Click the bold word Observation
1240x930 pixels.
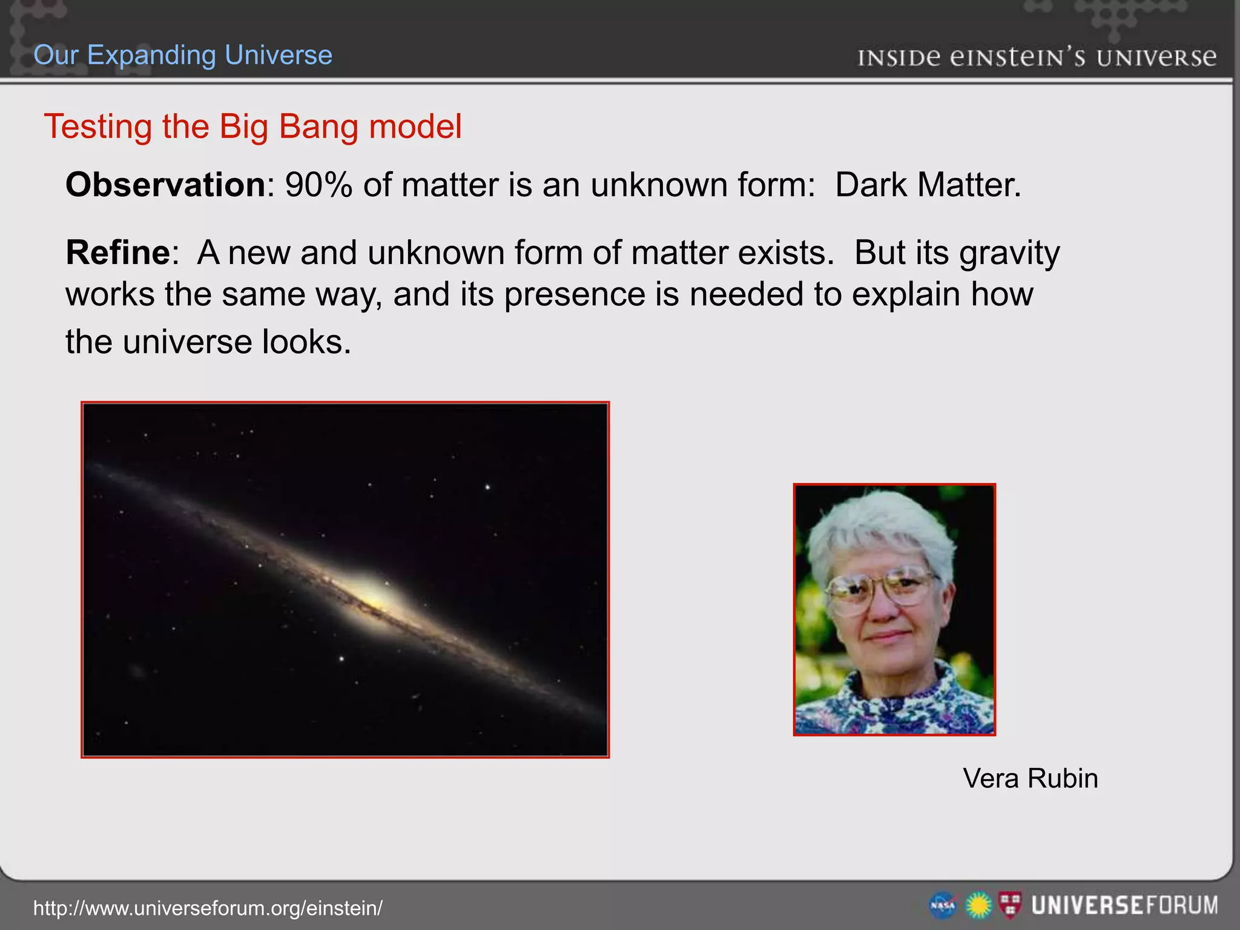tap(165, 185)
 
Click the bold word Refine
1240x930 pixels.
tap(118, 252)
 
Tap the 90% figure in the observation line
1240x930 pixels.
tap(318, 185)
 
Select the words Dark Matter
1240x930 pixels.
tap(928, 185)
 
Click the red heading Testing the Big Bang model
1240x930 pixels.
tap(252, 127)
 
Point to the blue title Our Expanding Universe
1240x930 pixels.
tap(183, 55)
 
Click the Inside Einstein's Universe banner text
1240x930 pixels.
tap(1037, 58)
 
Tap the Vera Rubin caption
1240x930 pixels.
tap(1030, 779)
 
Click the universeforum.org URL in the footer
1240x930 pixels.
tap(208, 908)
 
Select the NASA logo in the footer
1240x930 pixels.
tap(943, 906)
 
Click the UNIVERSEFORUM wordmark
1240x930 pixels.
tap(1124, 906)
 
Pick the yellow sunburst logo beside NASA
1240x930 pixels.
tap(978, 906)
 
